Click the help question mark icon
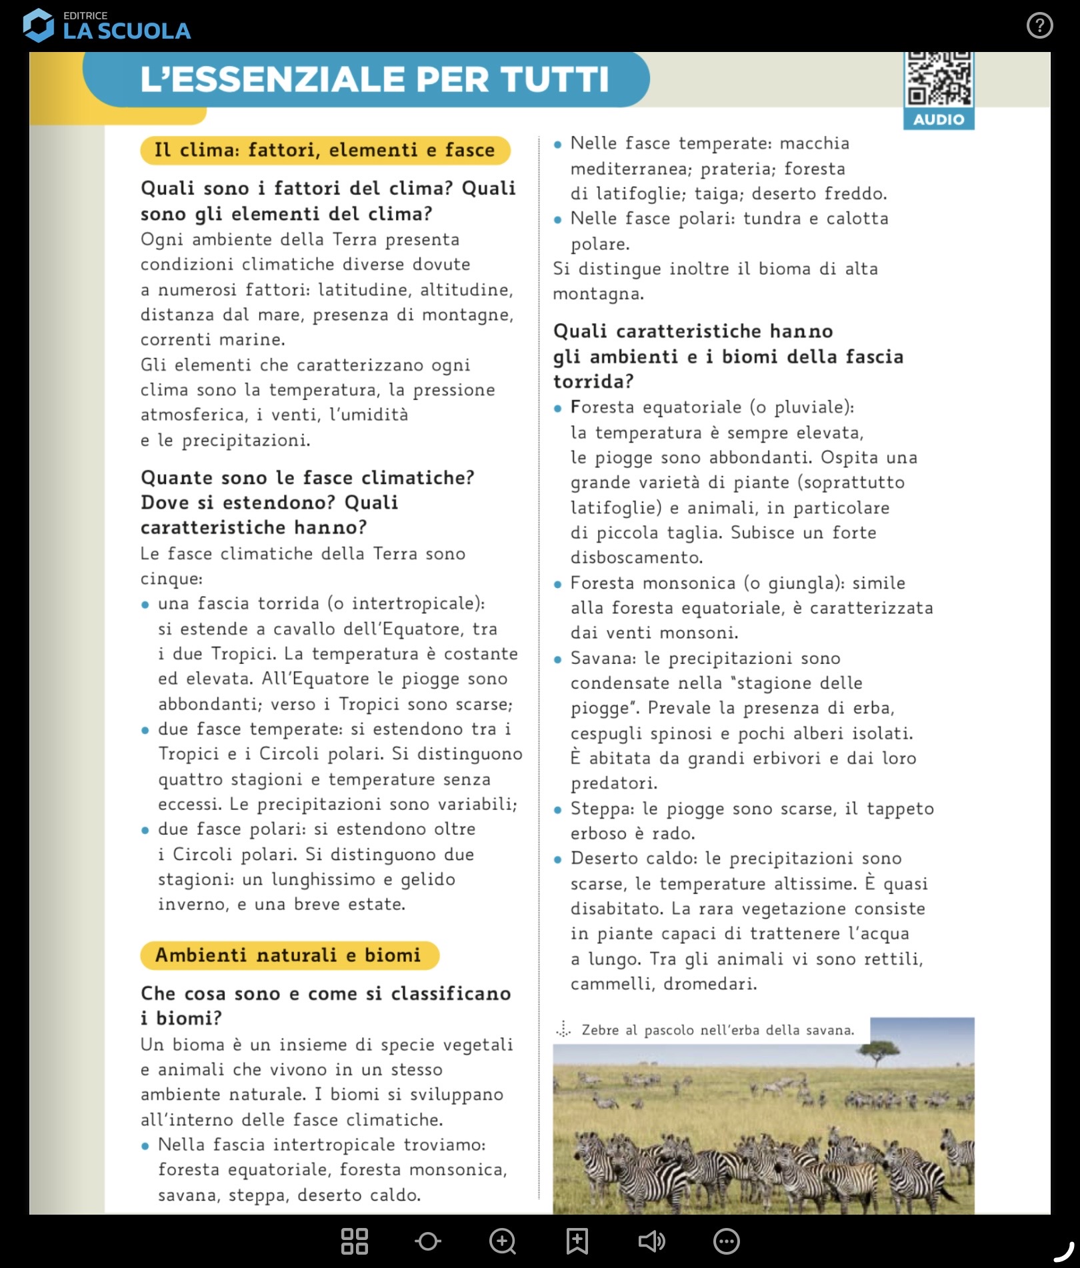(1039, 26)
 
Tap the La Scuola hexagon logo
(38, 26)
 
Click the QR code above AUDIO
(938, 79)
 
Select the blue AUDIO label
(938, 120)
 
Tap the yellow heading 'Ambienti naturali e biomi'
(289, 955)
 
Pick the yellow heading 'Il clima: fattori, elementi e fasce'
(325, 150)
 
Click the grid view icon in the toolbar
(354, 1241)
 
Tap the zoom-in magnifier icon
(502, 1241)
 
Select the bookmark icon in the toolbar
(577, 1241)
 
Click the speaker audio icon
(651, 1241)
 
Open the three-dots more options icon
(726, 1241)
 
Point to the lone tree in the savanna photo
(878, 1052)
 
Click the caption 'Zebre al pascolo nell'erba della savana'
(717, 1031)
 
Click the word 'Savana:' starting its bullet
(603, 659)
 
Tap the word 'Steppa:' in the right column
(602, 809)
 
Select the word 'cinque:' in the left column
(171, 579)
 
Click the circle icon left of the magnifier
(427, 1241)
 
